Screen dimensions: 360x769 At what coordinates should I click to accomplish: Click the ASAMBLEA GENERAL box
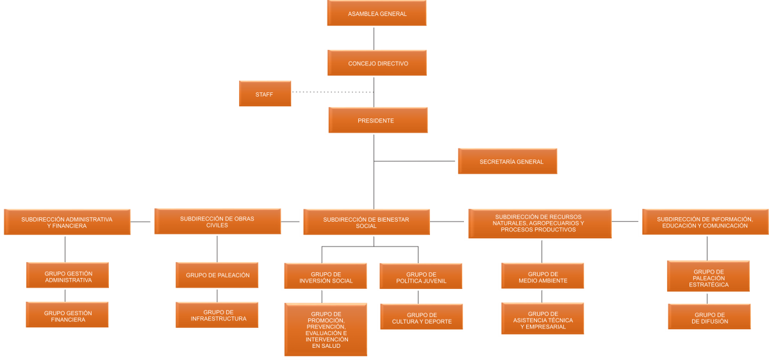377,13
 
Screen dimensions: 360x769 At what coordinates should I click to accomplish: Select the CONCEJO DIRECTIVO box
377,63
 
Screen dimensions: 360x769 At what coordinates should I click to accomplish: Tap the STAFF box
264,94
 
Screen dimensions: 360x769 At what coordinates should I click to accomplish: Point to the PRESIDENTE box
377,120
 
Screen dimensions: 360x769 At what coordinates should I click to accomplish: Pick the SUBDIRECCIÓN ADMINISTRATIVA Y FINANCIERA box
67,222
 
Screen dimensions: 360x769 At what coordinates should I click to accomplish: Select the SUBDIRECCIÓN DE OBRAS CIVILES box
217,222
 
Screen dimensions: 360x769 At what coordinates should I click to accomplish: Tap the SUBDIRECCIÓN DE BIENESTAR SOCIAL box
366,222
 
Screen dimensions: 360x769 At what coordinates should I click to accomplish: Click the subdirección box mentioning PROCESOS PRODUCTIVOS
540,224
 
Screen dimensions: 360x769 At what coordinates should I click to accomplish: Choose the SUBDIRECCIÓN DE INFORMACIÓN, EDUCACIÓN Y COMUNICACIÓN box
704,222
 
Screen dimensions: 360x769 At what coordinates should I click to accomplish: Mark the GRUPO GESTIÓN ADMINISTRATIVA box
68,276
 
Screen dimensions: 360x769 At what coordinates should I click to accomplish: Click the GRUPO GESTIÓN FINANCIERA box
68,316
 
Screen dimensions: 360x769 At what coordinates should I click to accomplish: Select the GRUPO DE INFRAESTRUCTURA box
218,315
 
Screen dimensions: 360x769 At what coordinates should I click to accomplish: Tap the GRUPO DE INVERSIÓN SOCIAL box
326,277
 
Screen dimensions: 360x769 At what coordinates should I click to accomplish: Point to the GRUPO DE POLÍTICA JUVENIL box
420,277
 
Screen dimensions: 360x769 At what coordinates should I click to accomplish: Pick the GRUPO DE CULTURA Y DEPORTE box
421,318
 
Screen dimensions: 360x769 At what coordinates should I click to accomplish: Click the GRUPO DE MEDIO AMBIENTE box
543,277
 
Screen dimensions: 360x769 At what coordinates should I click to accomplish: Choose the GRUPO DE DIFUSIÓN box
709,318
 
